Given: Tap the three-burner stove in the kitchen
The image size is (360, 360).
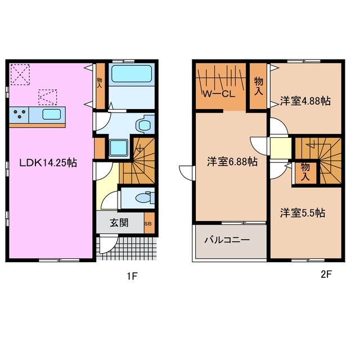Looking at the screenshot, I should click(x=21, y=116).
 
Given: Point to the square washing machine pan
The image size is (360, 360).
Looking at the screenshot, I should click(x=118, y=148).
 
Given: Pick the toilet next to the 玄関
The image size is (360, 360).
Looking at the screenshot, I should click(x=145, y=198).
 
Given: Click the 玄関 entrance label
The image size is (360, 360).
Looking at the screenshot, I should click(x=119, y=222).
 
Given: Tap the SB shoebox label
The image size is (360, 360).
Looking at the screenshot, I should click(x=148, y=223).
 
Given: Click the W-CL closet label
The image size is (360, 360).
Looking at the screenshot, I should click(x=219, y=94).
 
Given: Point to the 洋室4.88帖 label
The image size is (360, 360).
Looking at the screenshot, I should click(x=305, y=101).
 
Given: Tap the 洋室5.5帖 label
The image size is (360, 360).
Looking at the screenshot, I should click(x=303, y=213).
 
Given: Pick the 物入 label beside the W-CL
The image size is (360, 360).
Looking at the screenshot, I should click(x=259, y=86).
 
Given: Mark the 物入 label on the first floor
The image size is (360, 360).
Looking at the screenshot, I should click(x=100, y=83).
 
